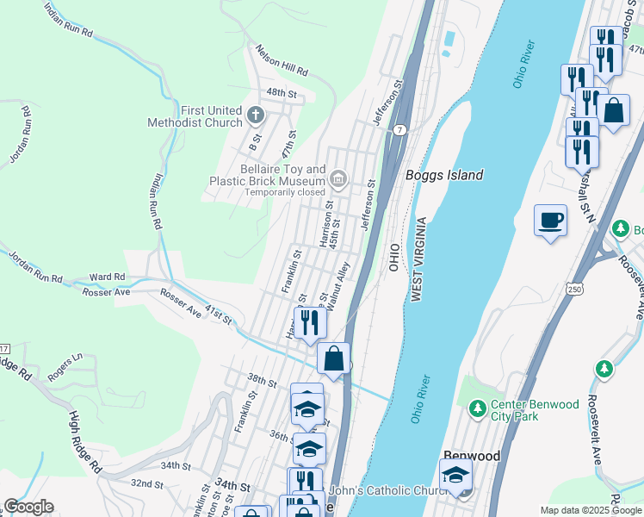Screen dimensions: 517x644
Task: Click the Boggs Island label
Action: click(443, 175)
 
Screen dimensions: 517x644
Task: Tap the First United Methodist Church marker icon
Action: click(255, 115)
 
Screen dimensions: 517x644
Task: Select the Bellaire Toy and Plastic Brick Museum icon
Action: click(337, 179)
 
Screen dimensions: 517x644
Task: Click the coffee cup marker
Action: click(550, 221)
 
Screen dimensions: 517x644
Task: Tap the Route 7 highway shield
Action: click(401, 129)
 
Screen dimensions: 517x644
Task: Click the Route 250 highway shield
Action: click(573, 290)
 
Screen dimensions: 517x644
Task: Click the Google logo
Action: click(28, 507)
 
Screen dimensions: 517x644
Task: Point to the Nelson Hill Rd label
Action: click(282, 61)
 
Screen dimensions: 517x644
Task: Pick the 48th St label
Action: click(281, 91)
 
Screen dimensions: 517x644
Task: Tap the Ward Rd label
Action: click(108, 277)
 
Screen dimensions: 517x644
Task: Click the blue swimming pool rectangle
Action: click(448, 39)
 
